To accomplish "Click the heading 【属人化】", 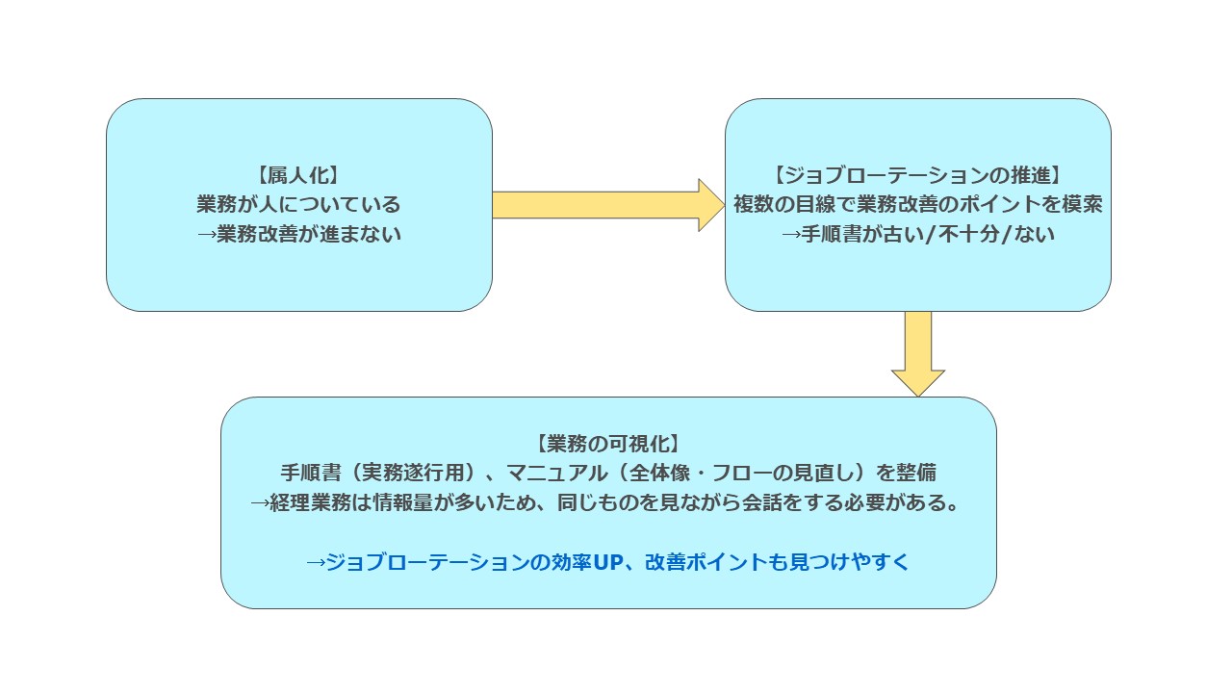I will pyautogui.click(x=298, y=175).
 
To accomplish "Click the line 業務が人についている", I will pyautogui.click(x=298, y=204).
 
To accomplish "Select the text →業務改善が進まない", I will pyautogui.click(x=298, y=234).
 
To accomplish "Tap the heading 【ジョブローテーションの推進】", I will pyautogui.click(x=917, y=175).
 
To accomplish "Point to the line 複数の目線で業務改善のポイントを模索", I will pyautogui.click(x=917, y=204).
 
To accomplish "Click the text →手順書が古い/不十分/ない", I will pyautogui.click(x=917, y=234).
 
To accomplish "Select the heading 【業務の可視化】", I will pyautogui.click(x=607, y=444).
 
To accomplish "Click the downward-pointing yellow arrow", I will pyautogui.click(x=917, y=353).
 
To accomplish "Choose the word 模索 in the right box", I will pyautogui.click(x=1083, y=204).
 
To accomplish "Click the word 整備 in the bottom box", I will pyautogui.click(x=918, y=474).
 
